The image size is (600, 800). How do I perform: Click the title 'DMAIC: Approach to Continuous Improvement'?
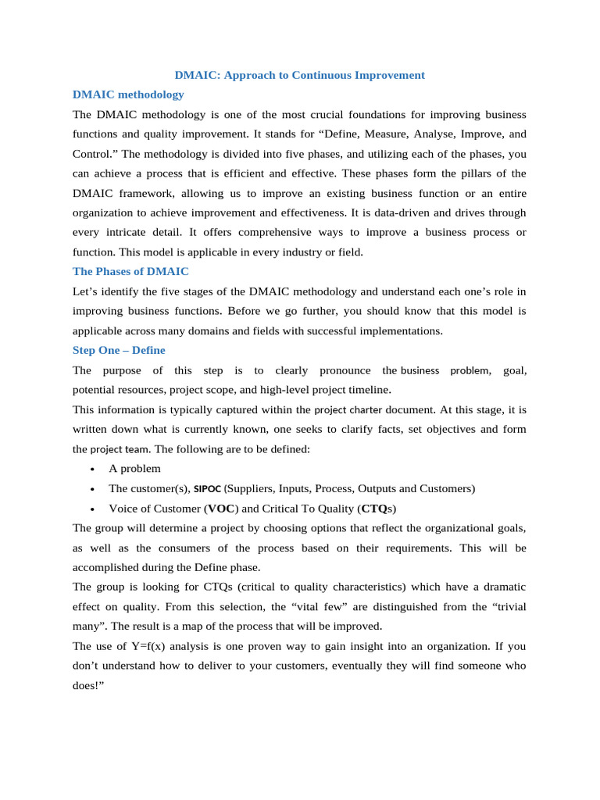(300, 75)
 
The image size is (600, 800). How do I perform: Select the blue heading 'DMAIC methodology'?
(128, 95)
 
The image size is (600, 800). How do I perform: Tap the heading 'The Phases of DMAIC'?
(130, 271)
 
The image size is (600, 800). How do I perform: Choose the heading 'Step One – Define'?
(119, 350)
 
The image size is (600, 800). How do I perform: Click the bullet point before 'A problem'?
(93, 469)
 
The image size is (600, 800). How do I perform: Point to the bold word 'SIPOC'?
(207, 488)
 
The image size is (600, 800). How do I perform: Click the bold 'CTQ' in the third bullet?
(376, 509)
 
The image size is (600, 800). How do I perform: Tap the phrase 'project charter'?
(348, 409)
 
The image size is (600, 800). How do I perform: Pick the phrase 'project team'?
(117, 449)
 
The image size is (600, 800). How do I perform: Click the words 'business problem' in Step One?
(445, 370)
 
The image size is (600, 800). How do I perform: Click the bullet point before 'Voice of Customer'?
(93, 509)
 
